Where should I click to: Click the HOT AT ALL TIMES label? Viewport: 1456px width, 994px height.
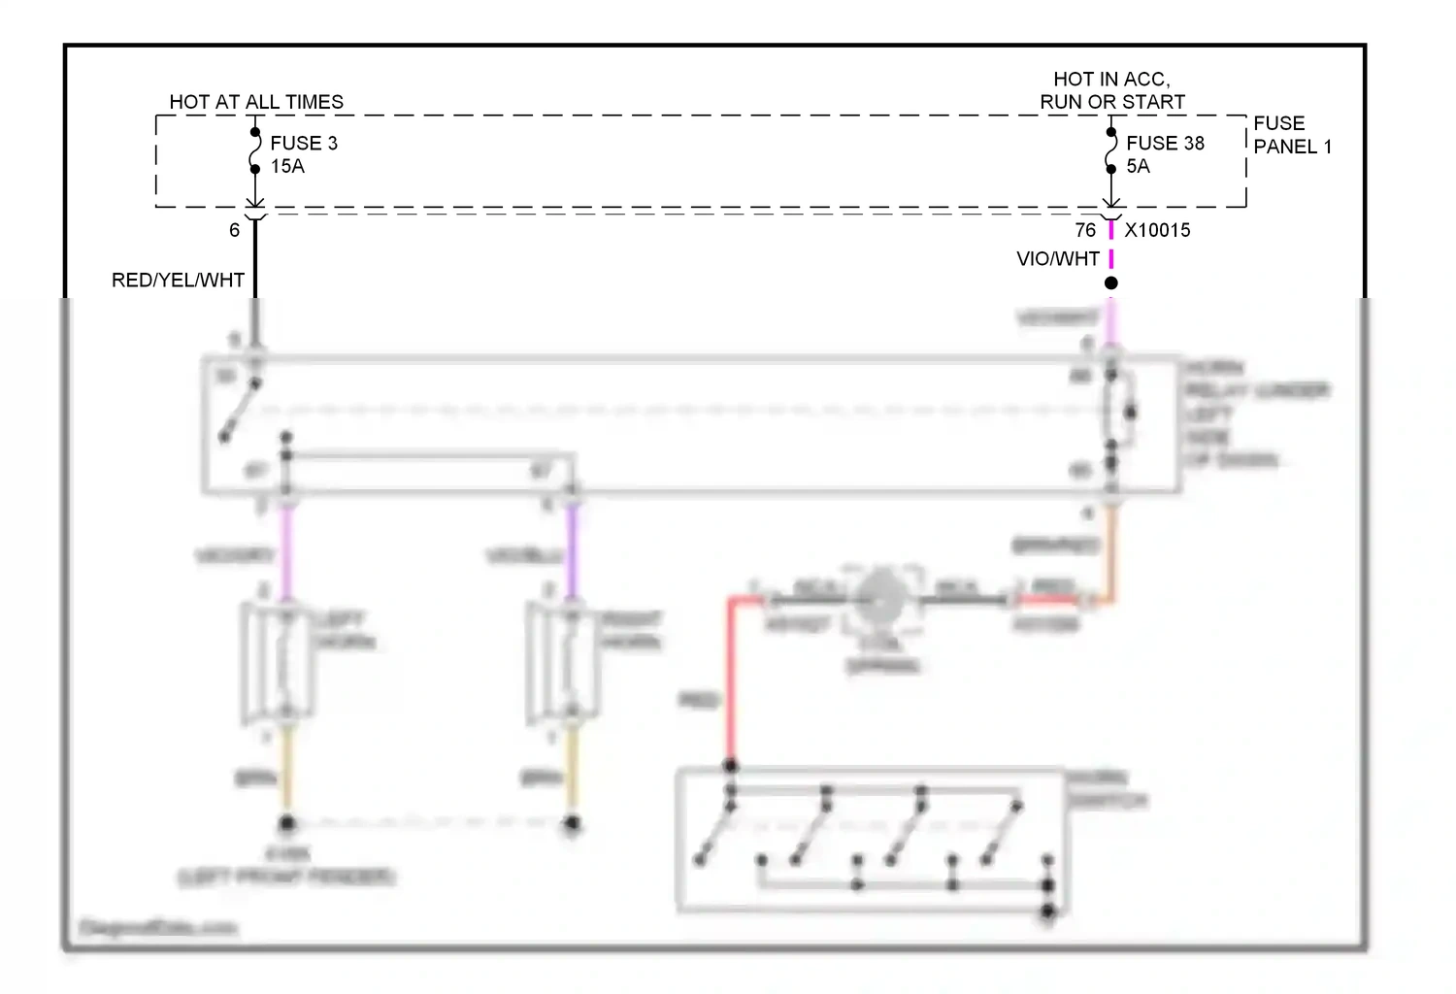pos(256,102)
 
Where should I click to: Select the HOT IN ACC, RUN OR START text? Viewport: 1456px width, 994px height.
pos(1112,90)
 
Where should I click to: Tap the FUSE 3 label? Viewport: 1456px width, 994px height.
pos(304,143)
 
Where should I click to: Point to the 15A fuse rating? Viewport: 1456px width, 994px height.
pos(287,166)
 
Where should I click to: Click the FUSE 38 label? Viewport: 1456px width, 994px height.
pos(1165,143)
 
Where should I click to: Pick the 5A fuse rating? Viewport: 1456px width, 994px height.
pos(1138,166)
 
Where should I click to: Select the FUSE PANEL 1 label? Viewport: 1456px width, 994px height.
pos(1292,135)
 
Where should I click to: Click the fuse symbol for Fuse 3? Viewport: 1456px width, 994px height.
pos(255,150)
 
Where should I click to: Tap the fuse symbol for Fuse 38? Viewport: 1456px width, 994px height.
pos(1111,150)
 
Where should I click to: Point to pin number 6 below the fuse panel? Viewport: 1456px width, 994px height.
pos(234,230)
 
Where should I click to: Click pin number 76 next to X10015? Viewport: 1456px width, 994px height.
pos(1085,230)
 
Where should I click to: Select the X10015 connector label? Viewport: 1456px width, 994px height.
pos(1157,230)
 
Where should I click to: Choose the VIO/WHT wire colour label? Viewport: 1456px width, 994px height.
pos(1058,259)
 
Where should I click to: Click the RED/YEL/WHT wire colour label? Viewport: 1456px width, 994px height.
pos(178,281)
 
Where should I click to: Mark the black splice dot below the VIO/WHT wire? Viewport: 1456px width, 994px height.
pos(1111,282)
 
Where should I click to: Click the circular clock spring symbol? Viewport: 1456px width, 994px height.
pos(880,600)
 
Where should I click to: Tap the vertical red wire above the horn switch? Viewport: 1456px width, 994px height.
pos(730,679)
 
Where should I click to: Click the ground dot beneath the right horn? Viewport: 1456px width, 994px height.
pos(573,824)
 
